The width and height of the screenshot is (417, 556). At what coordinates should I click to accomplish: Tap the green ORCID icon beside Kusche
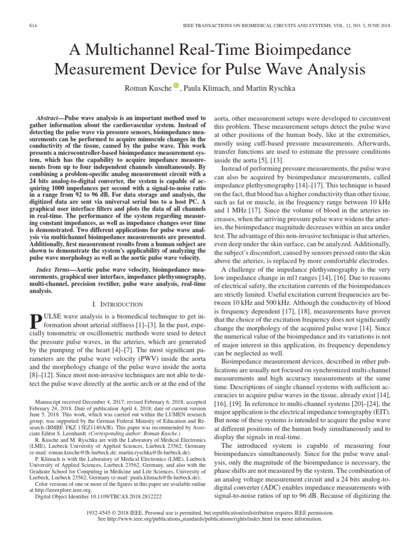(x=176, y=85)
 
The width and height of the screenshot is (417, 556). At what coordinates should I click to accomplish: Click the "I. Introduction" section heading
(x=118, y=304)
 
